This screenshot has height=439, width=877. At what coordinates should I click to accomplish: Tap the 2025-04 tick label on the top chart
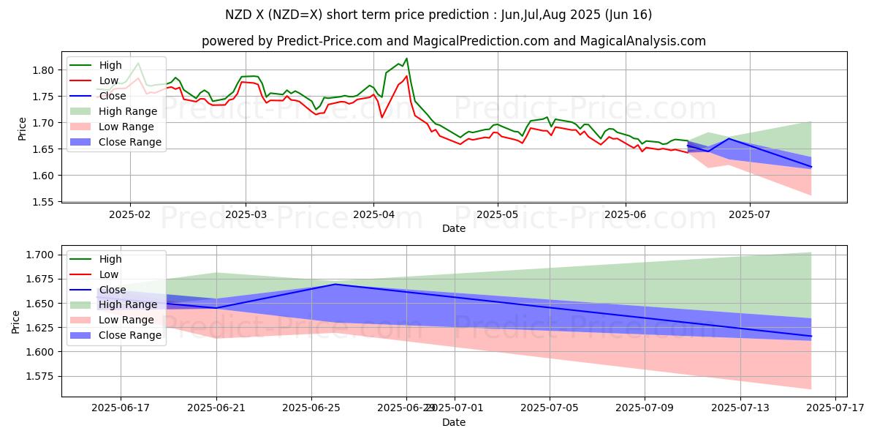point(373,214)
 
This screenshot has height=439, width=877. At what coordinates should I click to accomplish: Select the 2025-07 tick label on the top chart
point(750,214)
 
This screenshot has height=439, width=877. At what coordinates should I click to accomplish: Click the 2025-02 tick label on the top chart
point(130,214)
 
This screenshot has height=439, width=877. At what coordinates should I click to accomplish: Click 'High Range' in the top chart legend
point(128,111)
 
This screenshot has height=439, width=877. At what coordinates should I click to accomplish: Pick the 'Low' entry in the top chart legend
point(109,80)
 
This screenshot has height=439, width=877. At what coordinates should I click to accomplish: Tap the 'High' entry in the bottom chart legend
point(110,259)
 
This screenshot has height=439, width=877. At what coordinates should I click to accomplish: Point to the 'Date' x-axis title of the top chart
point(454,228)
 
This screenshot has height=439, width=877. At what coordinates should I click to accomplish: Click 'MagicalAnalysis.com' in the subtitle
point(643,41)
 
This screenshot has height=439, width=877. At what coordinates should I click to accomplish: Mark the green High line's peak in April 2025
point(406,59)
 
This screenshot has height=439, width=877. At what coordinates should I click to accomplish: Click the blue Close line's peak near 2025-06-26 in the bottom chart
point(335,284)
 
